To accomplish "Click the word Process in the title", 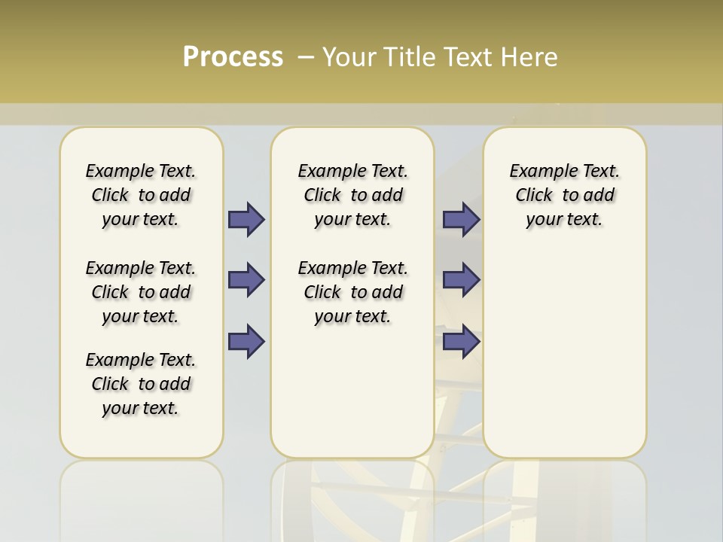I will (233, 57).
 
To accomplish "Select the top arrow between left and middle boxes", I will (246, 220).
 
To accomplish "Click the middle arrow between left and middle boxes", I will (246, 280).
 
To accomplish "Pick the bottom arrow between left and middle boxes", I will (246, 342).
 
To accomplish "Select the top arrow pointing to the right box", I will (461, 220).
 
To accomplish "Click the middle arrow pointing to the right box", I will (461, 280).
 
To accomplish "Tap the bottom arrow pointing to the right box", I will (461, 342).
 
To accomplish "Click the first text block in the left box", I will (141, 195).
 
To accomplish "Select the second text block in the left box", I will (141, 292).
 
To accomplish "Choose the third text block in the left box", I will (141, 384).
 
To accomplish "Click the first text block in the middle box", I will (352, 195).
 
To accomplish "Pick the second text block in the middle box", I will (352, 292).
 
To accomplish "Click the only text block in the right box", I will (564, 195).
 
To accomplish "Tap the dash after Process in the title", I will (306, 57).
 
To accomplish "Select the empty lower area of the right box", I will (564, 354).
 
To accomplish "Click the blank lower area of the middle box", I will (352, 391).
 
